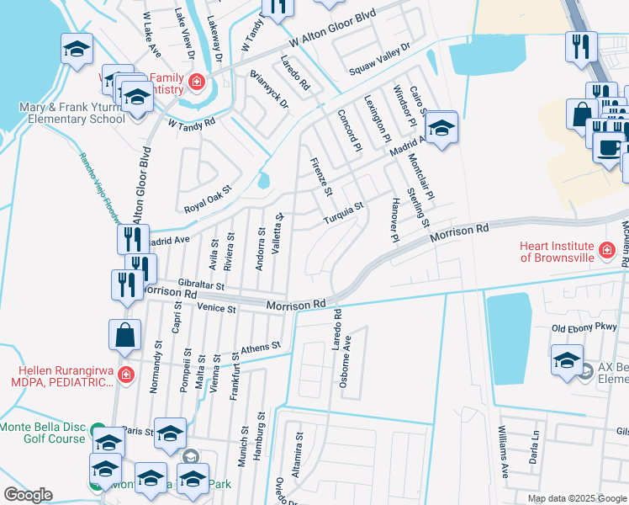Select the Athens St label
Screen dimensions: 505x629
(259, 348)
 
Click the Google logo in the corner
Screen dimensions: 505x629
(28, 495)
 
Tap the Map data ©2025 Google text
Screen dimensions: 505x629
(576, 498)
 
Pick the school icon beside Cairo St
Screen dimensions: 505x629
(440, 128)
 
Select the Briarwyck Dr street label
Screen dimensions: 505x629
(269, 89)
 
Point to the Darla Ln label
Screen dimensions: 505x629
(534, 443)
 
